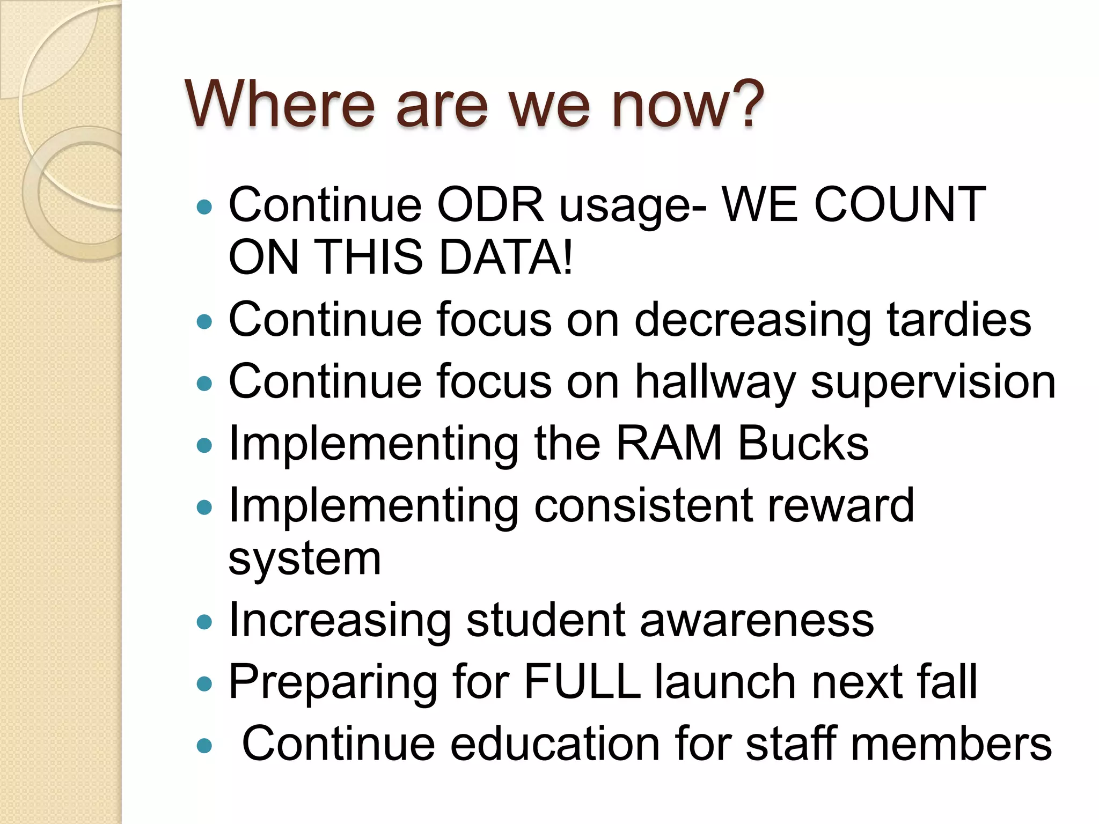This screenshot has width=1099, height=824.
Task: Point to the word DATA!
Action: (505, 257)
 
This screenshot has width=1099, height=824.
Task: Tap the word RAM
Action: (669, 444)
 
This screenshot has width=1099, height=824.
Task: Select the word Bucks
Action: (803, 444)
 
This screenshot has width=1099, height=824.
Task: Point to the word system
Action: (304, 559)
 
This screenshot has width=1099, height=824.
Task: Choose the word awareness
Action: (757, 621)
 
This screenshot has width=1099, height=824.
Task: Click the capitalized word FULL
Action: (582, 682)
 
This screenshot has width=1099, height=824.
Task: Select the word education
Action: (555, 744)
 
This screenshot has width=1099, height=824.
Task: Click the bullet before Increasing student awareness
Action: (204, 622)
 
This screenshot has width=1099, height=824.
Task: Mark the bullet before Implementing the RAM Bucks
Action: (204, 445)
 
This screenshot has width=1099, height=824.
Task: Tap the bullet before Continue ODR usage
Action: (204, 207)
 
